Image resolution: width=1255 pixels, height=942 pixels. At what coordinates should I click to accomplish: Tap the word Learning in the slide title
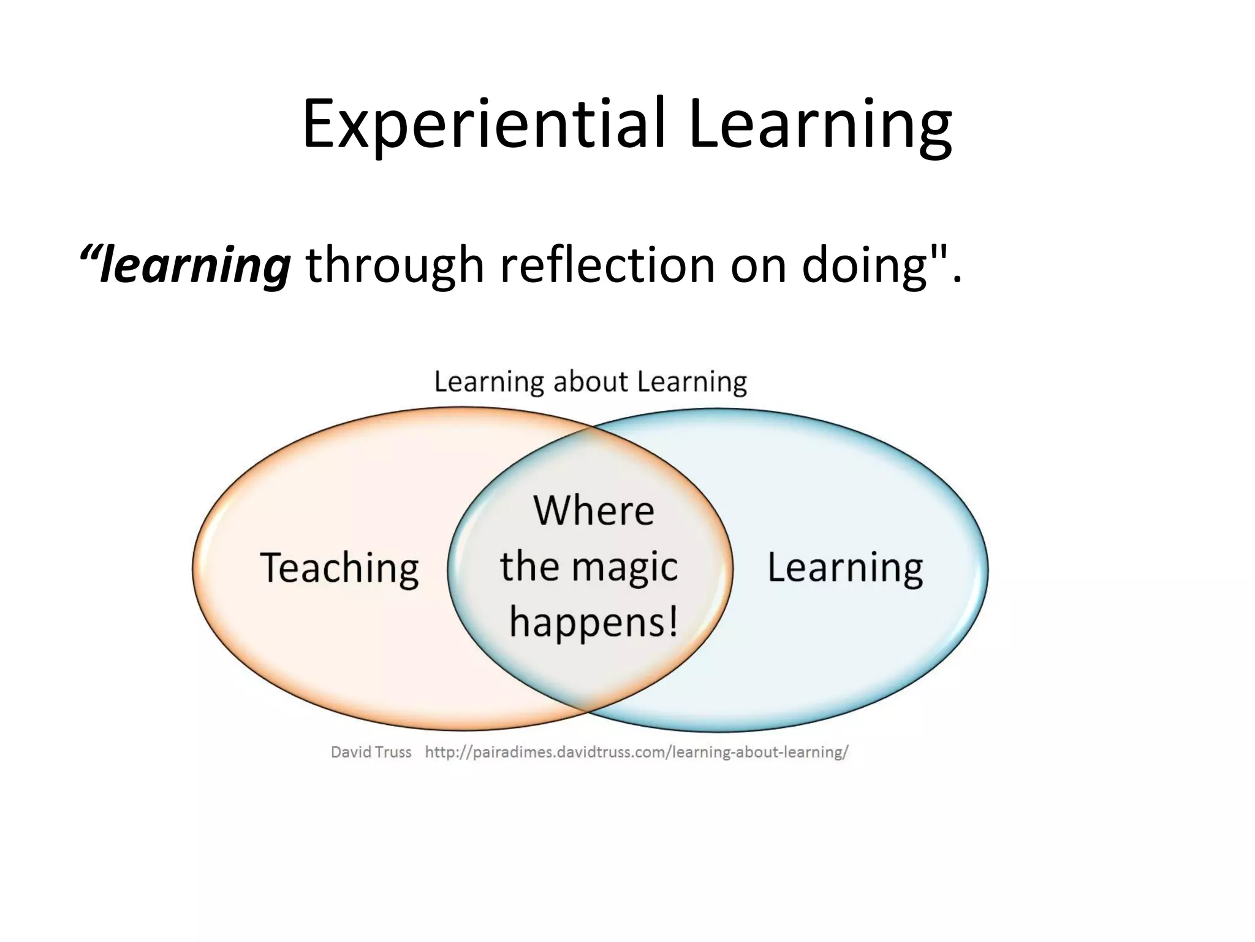click(819, 124)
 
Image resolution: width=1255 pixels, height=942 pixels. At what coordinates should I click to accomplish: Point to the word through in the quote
click(395, 265)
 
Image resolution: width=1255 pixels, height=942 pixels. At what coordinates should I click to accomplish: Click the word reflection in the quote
click(607, 265)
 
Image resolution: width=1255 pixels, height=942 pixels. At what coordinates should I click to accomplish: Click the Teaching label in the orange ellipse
click(339, 568)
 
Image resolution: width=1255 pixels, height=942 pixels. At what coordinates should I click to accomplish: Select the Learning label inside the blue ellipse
click(845, 568)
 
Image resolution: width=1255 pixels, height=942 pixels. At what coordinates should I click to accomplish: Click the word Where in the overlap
click(593, 510)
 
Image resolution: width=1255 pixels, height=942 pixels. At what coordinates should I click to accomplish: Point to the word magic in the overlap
click(624, 567)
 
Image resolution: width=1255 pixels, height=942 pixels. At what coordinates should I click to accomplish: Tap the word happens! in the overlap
click(594, 622)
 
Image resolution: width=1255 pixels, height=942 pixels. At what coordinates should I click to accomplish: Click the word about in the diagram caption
click(590, 381)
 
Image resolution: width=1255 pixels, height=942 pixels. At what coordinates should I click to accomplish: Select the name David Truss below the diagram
click(371, 752)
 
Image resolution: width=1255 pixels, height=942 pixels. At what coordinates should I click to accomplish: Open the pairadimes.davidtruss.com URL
click(636, 752)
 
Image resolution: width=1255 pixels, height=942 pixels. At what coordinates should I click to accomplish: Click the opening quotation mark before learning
click(90, 253)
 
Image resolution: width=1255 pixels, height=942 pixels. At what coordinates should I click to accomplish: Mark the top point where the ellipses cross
click(590, 427)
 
